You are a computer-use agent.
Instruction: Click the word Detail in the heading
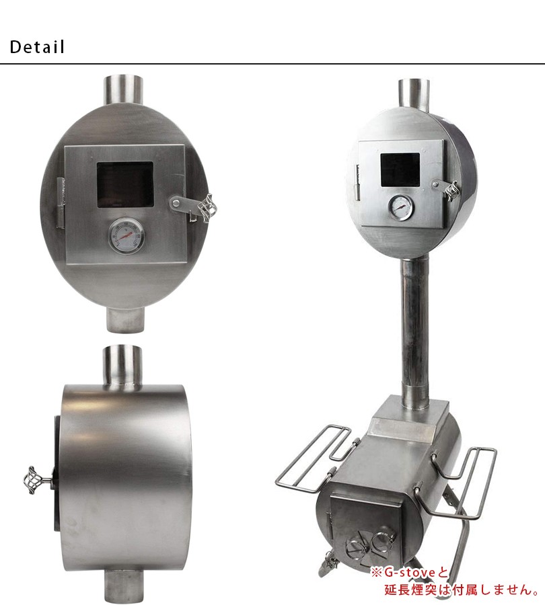point(37,47)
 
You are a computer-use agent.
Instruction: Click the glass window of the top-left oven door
point(125,185)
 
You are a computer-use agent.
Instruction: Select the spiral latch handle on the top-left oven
point(207,208)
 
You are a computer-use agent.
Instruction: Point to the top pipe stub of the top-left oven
point(123,90)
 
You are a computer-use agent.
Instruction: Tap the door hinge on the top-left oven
point(61,203)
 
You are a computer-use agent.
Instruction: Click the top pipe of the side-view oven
point(122,364)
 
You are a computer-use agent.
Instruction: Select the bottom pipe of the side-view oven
point(124,582)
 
